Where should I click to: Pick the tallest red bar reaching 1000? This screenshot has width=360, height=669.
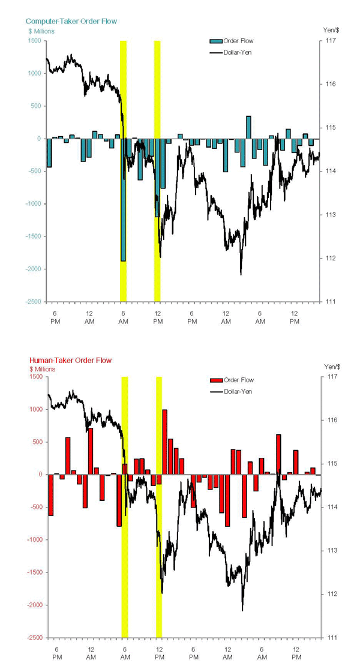click(164, 442)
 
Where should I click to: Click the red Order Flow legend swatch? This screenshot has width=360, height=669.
click(215, 380)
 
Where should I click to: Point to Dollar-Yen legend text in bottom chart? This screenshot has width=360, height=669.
click(239, 392)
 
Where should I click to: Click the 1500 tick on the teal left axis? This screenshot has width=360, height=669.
click(34, 41)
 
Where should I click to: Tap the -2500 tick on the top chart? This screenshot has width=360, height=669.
click(32, 302)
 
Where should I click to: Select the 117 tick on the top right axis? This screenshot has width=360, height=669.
click(331, 41)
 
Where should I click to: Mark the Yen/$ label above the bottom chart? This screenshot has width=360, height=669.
click(332, 367)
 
